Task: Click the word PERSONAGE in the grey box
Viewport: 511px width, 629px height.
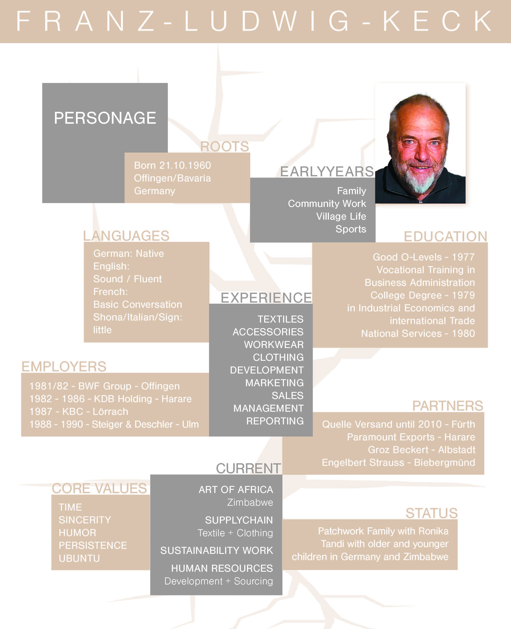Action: pyautogui.click(x=105, y=118)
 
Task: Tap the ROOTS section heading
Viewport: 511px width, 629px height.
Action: pyautogui.click(x=225, y=147)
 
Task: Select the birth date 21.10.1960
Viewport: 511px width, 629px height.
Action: pyautogui.click(x=185, y=165)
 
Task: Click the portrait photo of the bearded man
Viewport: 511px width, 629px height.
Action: pyautogui.click(x=420, y=143)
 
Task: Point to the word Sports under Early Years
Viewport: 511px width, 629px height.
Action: pyautogui.click(x=351, y=229)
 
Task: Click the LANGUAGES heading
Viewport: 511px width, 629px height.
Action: pyautogui.click(x=126, y=236)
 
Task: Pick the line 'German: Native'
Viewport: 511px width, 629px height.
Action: pyautogui.click(x=129, y=253)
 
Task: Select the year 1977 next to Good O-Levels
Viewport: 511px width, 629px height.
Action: pyautogui.click(x=463, y=257)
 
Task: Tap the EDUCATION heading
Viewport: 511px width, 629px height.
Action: pyautogui.click(x=445, y=236)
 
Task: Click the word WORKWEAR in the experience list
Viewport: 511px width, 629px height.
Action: pyautogui.click(x=274, y=345)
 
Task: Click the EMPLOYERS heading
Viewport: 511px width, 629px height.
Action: pyautogui.click(x=64, y=367)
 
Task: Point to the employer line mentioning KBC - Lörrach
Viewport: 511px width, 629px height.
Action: pyautogui.click(x=79, y=411)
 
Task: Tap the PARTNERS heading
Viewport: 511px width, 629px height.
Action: pyautogui.click(x=447, y=406)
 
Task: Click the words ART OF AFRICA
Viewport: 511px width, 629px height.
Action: pyautogui.click(x=236, y=490)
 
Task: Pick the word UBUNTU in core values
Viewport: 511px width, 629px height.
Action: pyautogui.click(x=79, y=558)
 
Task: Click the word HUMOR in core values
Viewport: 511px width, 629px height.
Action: pyautogui.click(x=77, y=533)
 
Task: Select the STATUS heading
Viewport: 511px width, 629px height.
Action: pyautogui.click(x=431, y=513)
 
